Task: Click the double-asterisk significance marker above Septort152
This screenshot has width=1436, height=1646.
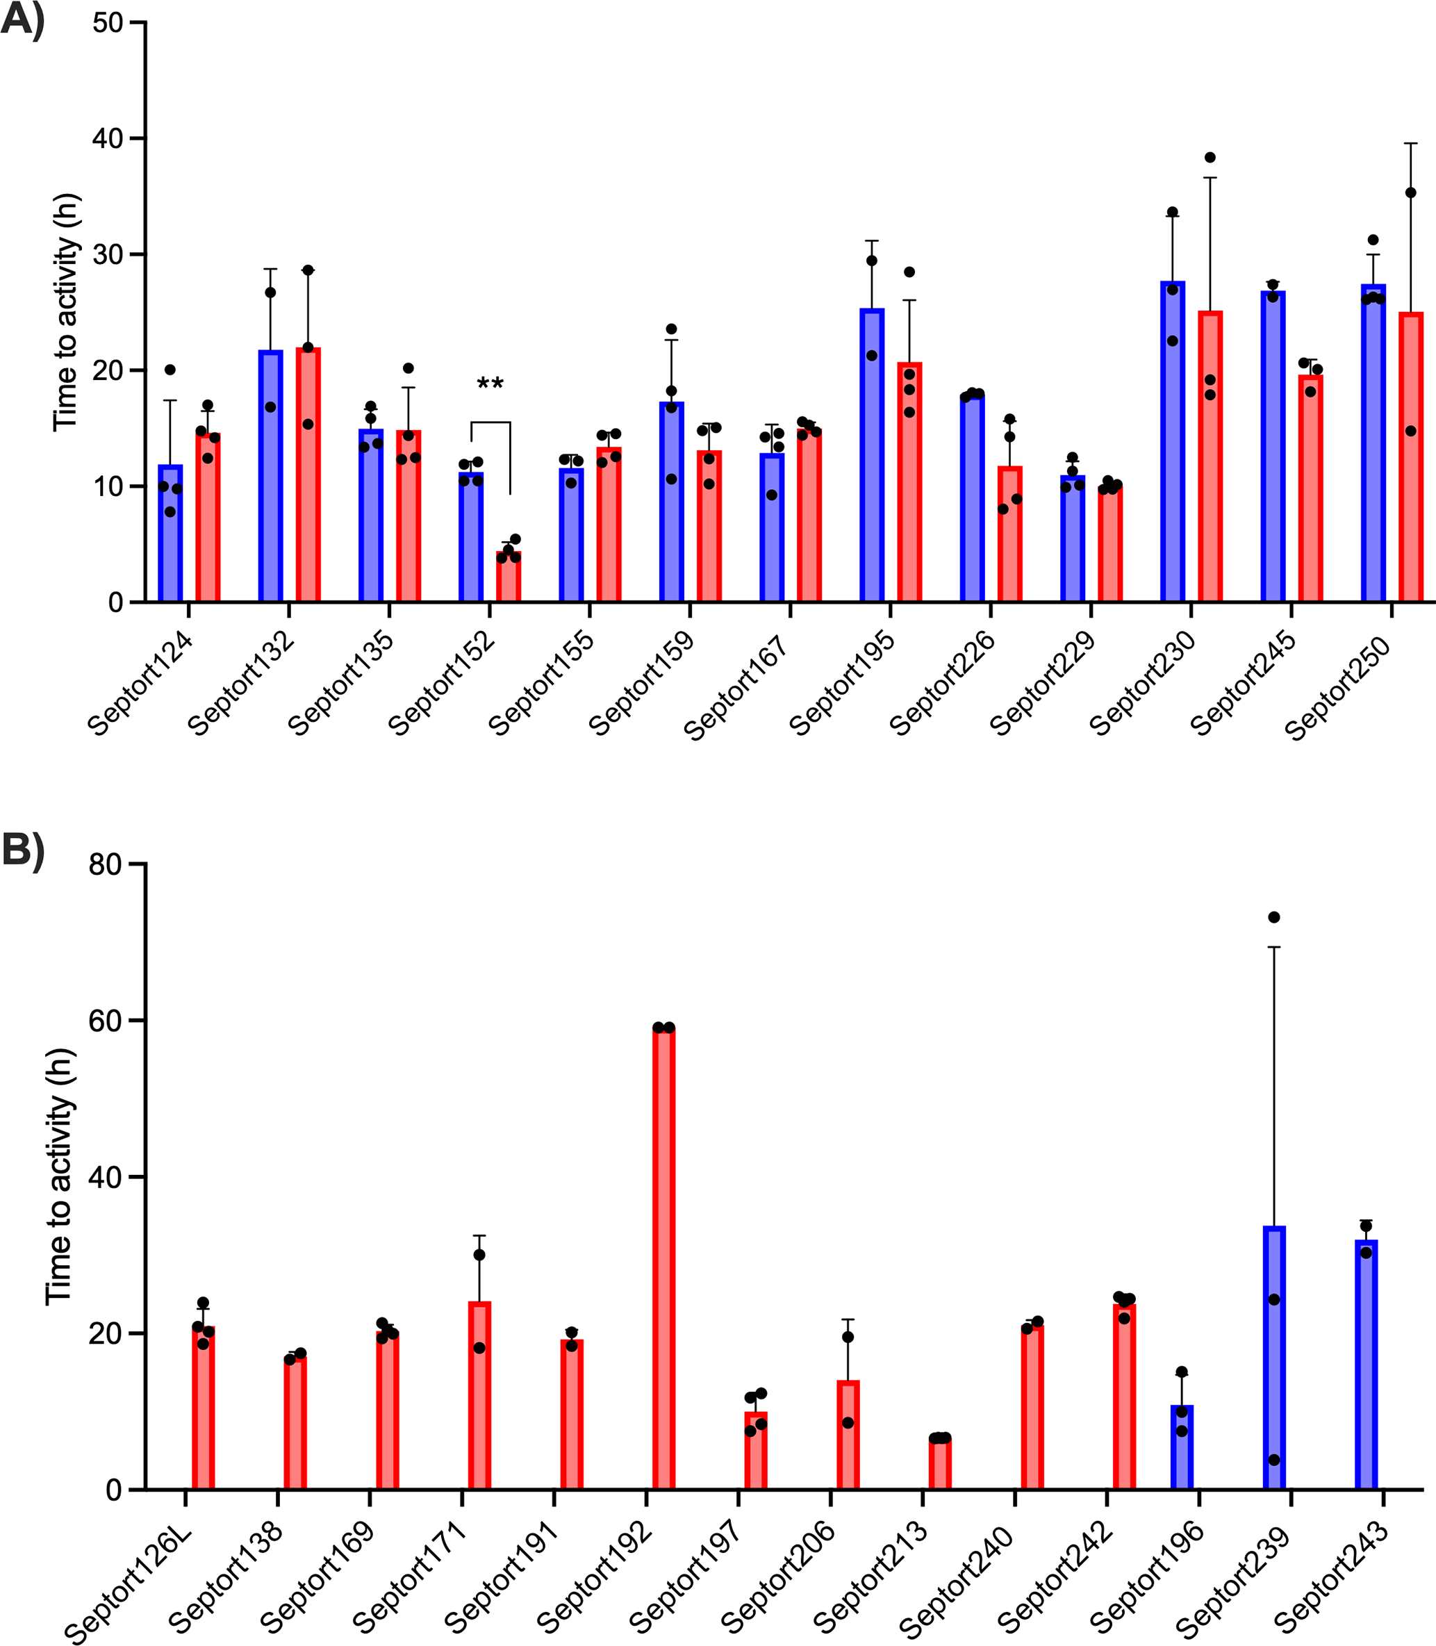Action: (490, 383)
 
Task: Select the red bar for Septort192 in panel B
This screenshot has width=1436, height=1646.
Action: (664, 1258)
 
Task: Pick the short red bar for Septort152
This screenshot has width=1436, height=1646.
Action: (509, 577)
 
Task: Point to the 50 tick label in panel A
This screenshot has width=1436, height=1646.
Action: (108, 22)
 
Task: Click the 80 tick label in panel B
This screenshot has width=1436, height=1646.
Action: (105, 864)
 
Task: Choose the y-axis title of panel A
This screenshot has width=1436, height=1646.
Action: (66, 313)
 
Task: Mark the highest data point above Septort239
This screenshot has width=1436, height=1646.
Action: (1274, 916)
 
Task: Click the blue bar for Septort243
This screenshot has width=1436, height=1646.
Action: (1367, 1365)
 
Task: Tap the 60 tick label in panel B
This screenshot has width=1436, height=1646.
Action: (105, 1021)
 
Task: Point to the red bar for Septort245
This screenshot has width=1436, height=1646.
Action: (1311, 489)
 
